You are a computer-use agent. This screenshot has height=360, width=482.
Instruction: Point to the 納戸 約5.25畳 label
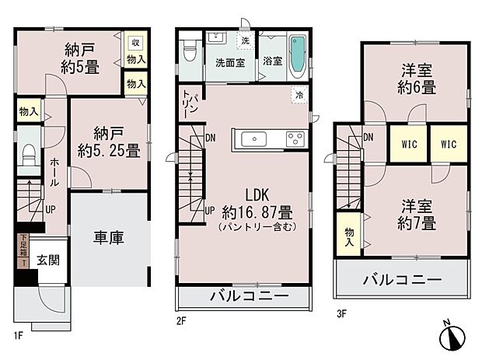click(x=108, y=142)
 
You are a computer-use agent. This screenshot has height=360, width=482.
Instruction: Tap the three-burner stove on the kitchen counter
click(x=295, y=139)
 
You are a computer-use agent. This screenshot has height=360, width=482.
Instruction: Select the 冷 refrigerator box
click(x=299, y=94)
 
